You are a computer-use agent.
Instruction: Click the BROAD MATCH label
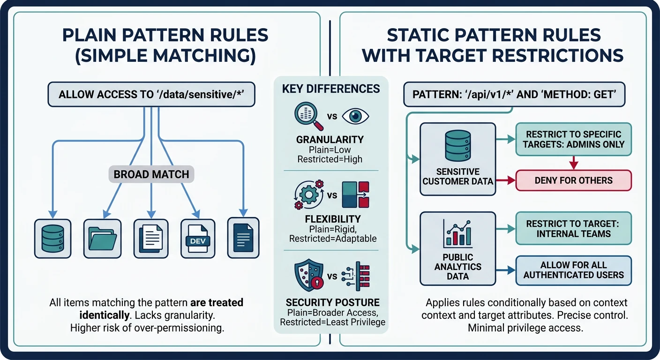click(x=151, y=175)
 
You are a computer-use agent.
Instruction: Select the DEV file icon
click(x=197, y=238)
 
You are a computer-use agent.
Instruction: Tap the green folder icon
click(x=102, y=238)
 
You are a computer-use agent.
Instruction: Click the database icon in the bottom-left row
click(x=52, y=238)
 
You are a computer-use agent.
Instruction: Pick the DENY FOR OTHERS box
click(x=573, y=180)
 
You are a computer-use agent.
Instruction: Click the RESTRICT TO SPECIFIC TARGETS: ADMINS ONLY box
click(x=573, y=139)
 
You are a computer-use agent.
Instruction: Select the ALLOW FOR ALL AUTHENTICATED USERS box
click(x=573, y=270)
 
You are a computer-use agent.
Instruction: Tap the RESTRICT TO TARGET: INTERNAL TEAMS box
click(x=573, y=228)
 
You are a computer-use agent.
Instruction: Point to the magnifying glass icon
click(x=307, y=116)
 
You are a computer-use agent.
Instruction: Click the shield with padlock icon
click(x=308, y=276)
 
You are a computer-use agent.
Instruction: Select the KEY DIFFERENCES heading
click(x=331, y=89)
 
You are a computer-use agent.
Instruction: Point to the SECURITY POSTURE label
click(x=332, y=302)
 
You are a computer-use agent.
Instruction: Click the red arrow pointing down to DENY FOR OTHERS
click(x=573, y=162)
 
